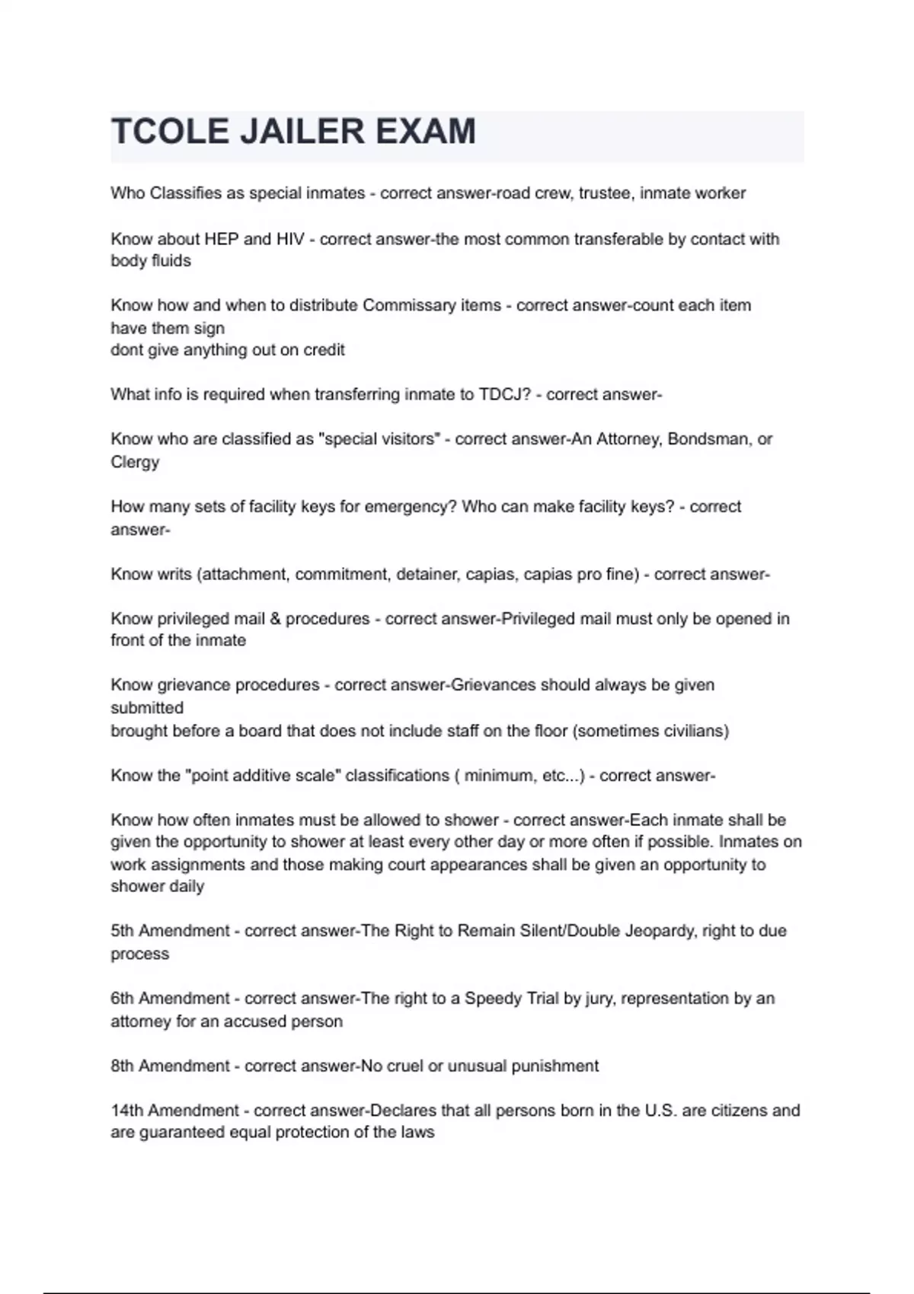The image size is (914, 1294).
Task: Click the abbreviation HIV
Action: pyautogui.click(x=290, y=239)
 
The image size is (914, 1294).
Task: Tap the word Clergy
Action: pyautogui.click(x=135, y=462)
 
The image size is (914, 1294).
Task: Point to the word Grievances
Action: pyautogui.click(x=493, y=685)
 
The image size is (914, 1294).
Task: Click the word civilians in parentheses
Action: pyautogui.click(x=689, y=731)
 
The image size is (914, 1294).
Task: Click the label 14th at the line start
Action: pyautogui.click(x=126, y=1111)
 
